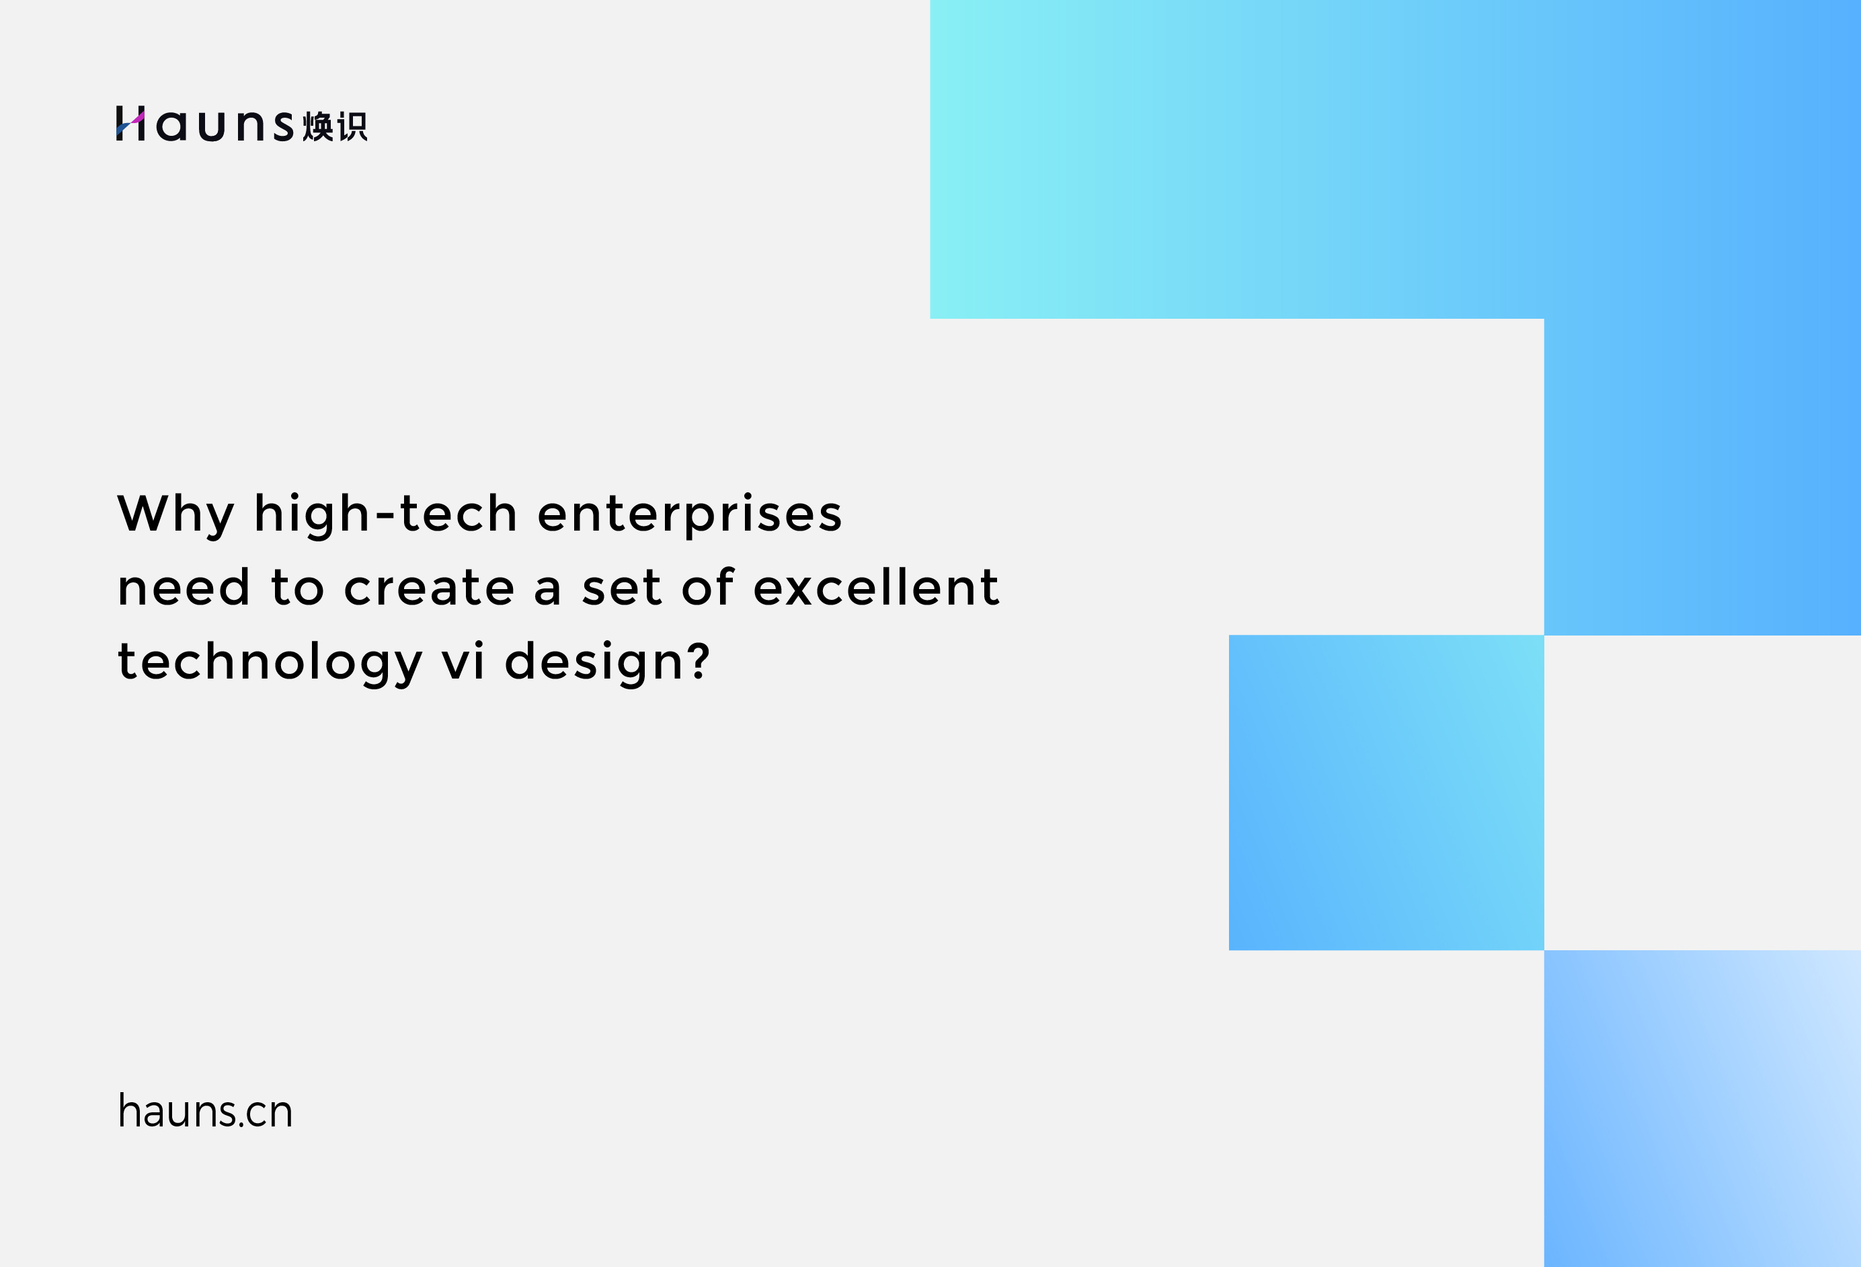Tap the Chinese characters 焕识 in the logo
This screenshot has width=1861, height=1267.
pos(335,126)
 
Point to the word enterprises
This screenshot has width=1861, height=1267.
pos(689,515)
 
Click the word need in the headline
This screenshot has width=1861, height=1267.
pos(184,587)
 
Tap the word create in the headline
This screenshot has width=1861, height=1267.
pos(429,588)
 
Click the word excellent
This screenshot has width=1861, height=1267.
pos(876,587)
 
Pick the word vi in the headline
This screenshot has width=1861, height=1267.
pos(464,662)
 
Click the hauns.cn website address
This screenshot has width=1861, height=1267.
pos(206,1111)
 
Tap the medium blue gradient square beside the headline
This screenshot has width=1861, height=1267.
pos(1386,793)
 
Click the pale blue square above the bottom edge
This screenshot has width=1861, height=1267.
pos(1702,1108)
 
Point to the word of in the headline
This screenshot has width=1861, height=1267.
pos(708,587)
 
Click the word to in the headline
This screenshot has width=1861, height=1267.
pos(298,588)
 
